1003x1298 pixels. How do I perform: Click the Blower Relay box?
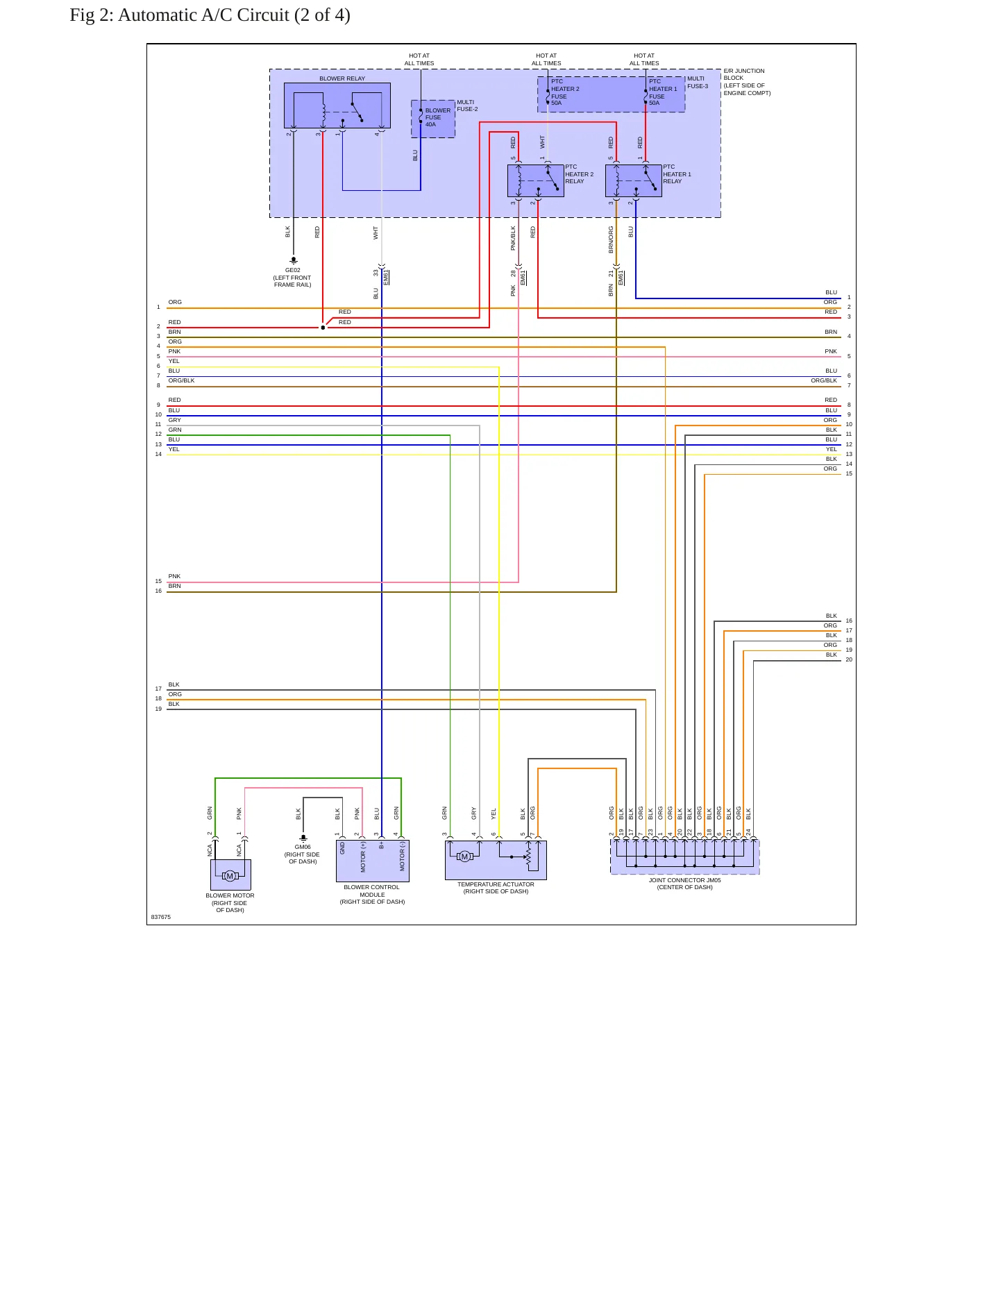pyautogui.click(x=337, y=106)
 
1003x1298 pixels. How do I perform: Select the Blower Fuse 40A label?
pyautogui.click(x=437, y=117)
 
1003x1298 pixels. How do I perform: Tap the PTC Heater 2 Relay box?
pyautogui.click(x=535, y=180)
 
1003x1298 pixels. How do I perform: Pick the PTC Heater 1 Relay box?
pyautogui.click(x=633, y=180)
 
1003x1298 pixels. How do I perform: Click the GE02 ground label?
pyautogui.click(x=292, y=278)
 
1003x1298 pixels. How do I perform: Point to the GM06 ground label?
pyautogui.click(x=303, y=854)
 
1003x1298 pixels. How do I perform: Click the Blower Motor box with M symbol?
pyautogui.click(x=230, y=875)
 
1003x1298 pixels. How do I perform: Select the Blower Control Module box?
pyautogui.click(x=373, y=861)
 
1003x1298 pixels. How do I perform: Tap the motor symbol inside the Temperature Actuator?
pyautogui.click(x=465, y=857)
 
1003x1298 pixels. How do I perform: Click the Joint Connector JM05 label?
pyautogui.click(x=684, y=884)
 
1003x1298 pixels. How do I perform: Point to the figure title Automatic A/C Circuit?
pyautogui.click(x=210, y=15)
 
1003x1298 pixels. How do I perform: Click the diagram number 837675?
pyautogui.click(x=161, y=917)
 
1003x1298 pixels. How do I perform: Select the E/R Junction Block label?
pyautogui.click(x=747, y=82)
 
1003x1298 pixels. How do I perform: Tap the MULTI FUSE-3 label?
pyautogui.click(x=698, y=83)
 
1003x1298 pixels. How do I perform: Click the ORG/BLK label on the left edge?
pyautogui.click(x=181, y=380)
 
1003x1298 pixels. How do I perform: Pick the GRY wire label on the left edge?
pyautogui.click(x=174, y=420)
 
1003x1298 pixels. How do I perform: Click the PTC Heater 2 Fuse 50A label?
pyautogui.click(x=565, y=92)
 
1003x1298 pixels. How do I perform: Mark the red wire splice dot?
pyautogui.click(x=323, y=328)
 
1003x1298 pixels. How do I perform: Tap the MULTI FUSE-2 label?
pyautogui.click(x=467, y=106)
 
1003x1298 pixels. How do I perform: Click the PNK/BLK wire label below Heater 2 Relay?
pyautogui.click(x=514, y=238)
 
